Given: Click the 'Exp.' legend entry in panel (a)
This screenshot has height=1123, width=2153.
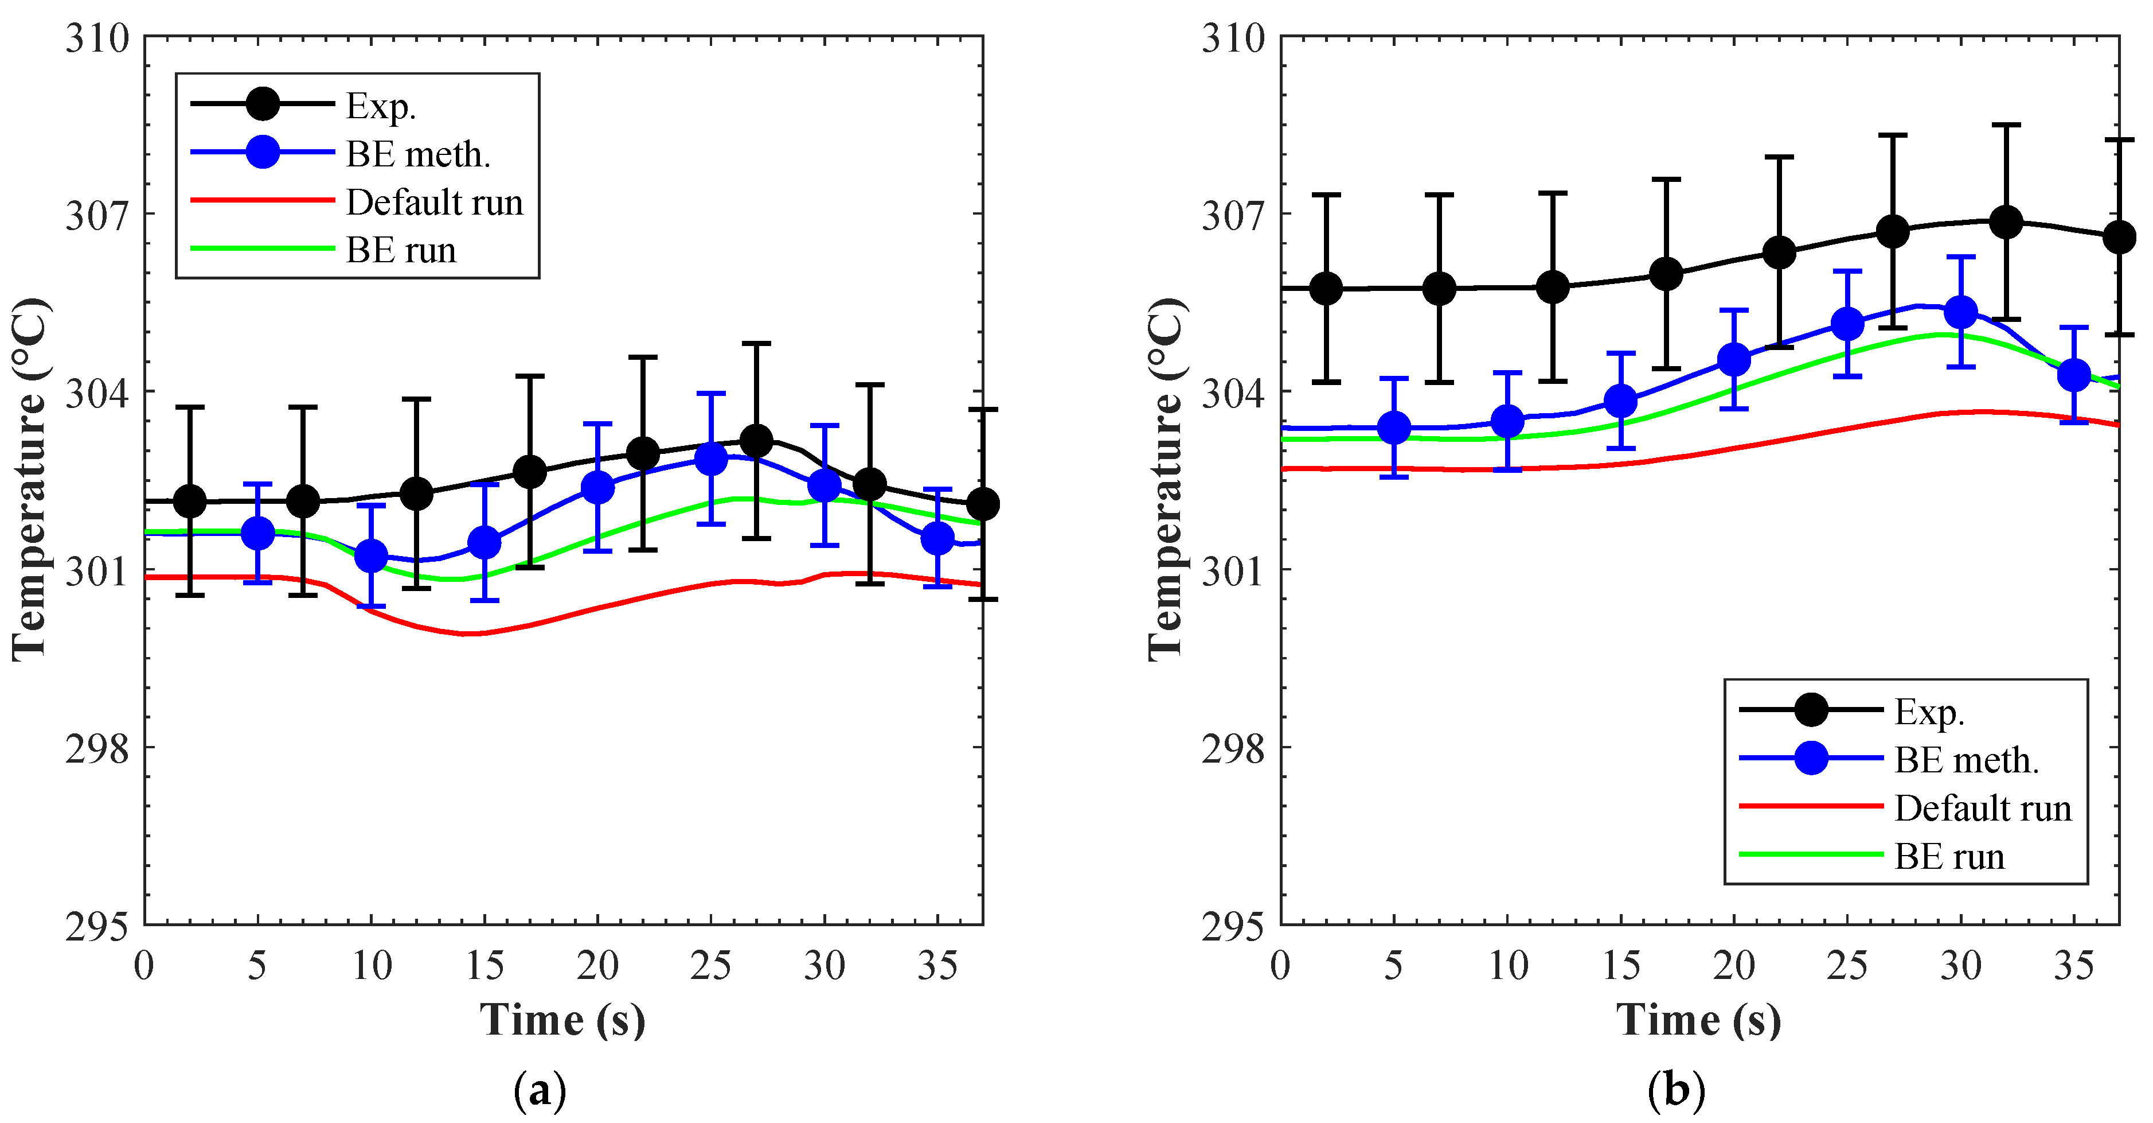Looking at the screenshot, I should pyautogui.click(x=380, y=106).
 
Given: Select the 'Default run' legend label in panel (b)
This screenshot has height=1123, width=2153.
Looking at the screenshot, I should pyautogui.click(x=1983, y=809).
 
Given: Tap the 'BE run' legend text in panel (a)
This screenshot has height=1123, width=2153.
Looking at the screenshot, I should pyautogui.click(x=401, y=251).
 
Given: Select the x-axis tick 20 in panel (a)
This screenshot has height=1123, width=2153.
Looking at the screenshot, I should pyautogui.click(x=597, y=966).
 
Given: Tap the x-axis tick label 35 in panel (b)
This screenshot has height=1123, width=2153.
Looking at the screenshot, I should pyautogui.click(x=2074, y=966).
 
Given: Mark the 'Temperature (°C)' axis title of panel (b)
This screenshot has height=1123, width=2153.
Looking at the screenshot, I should pyautogui.click(x=1166, y=479).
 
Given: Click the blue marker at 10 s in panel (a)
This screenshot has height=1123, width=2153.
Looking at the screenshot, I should pyautogui.click(x=371, y=555).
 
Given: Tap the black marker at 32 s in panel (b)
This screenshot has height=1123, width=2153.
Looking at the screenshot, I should pyautogui.click(x=2006, y=222).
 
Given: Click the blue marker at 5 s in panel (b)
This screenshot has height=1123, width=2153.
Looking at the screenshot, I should pyautogui.click(x=1394, y=428).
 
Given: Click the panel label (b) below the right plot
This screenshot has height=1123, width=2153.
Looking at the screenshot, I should pyautogui.click(x=1676, y=1090).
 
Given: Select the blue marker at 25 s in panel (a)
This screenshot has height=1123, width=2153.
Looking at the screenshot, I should pyautogui.click(x=711, y=458).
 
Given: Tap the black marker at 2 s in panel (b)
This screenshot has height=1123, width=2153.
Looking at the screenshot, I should pyautogui.click(x=1326, y=289).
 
